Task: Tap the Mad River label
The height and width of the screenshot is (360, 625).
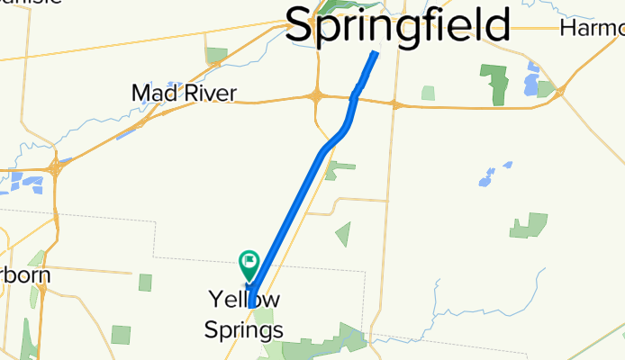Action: coord(184,93)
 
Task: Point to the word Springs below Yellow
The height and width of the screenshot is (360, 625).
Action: coord(245,329)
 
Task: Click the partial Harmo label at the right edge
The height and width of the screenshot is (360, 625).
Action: coord(591,28)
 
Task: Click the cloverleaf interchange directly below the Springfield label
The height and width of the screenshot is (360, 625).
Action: coord(317,96)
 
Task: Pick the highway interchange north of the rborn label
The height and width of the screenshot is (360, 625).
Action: coord(56,166)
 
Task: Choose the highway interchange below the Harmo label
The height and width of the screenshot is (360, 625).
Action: coord(560,92)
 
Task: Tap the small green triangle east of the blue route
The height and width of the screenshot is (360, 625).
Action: coord(343,235)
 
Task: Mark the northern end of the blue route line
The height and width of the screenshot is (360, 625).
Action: coord(376,53)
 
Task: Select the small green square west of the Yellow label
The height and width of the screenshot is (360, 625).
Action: coord(146,283)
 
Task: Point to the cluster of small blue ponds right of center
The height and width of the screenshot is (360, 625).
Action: coord(492,175)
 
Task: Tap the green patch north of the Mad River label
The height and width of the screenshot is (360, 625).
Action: coord(216,56)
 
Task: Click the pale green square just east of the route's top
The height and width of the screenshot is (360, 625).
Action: coord(428,92)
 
